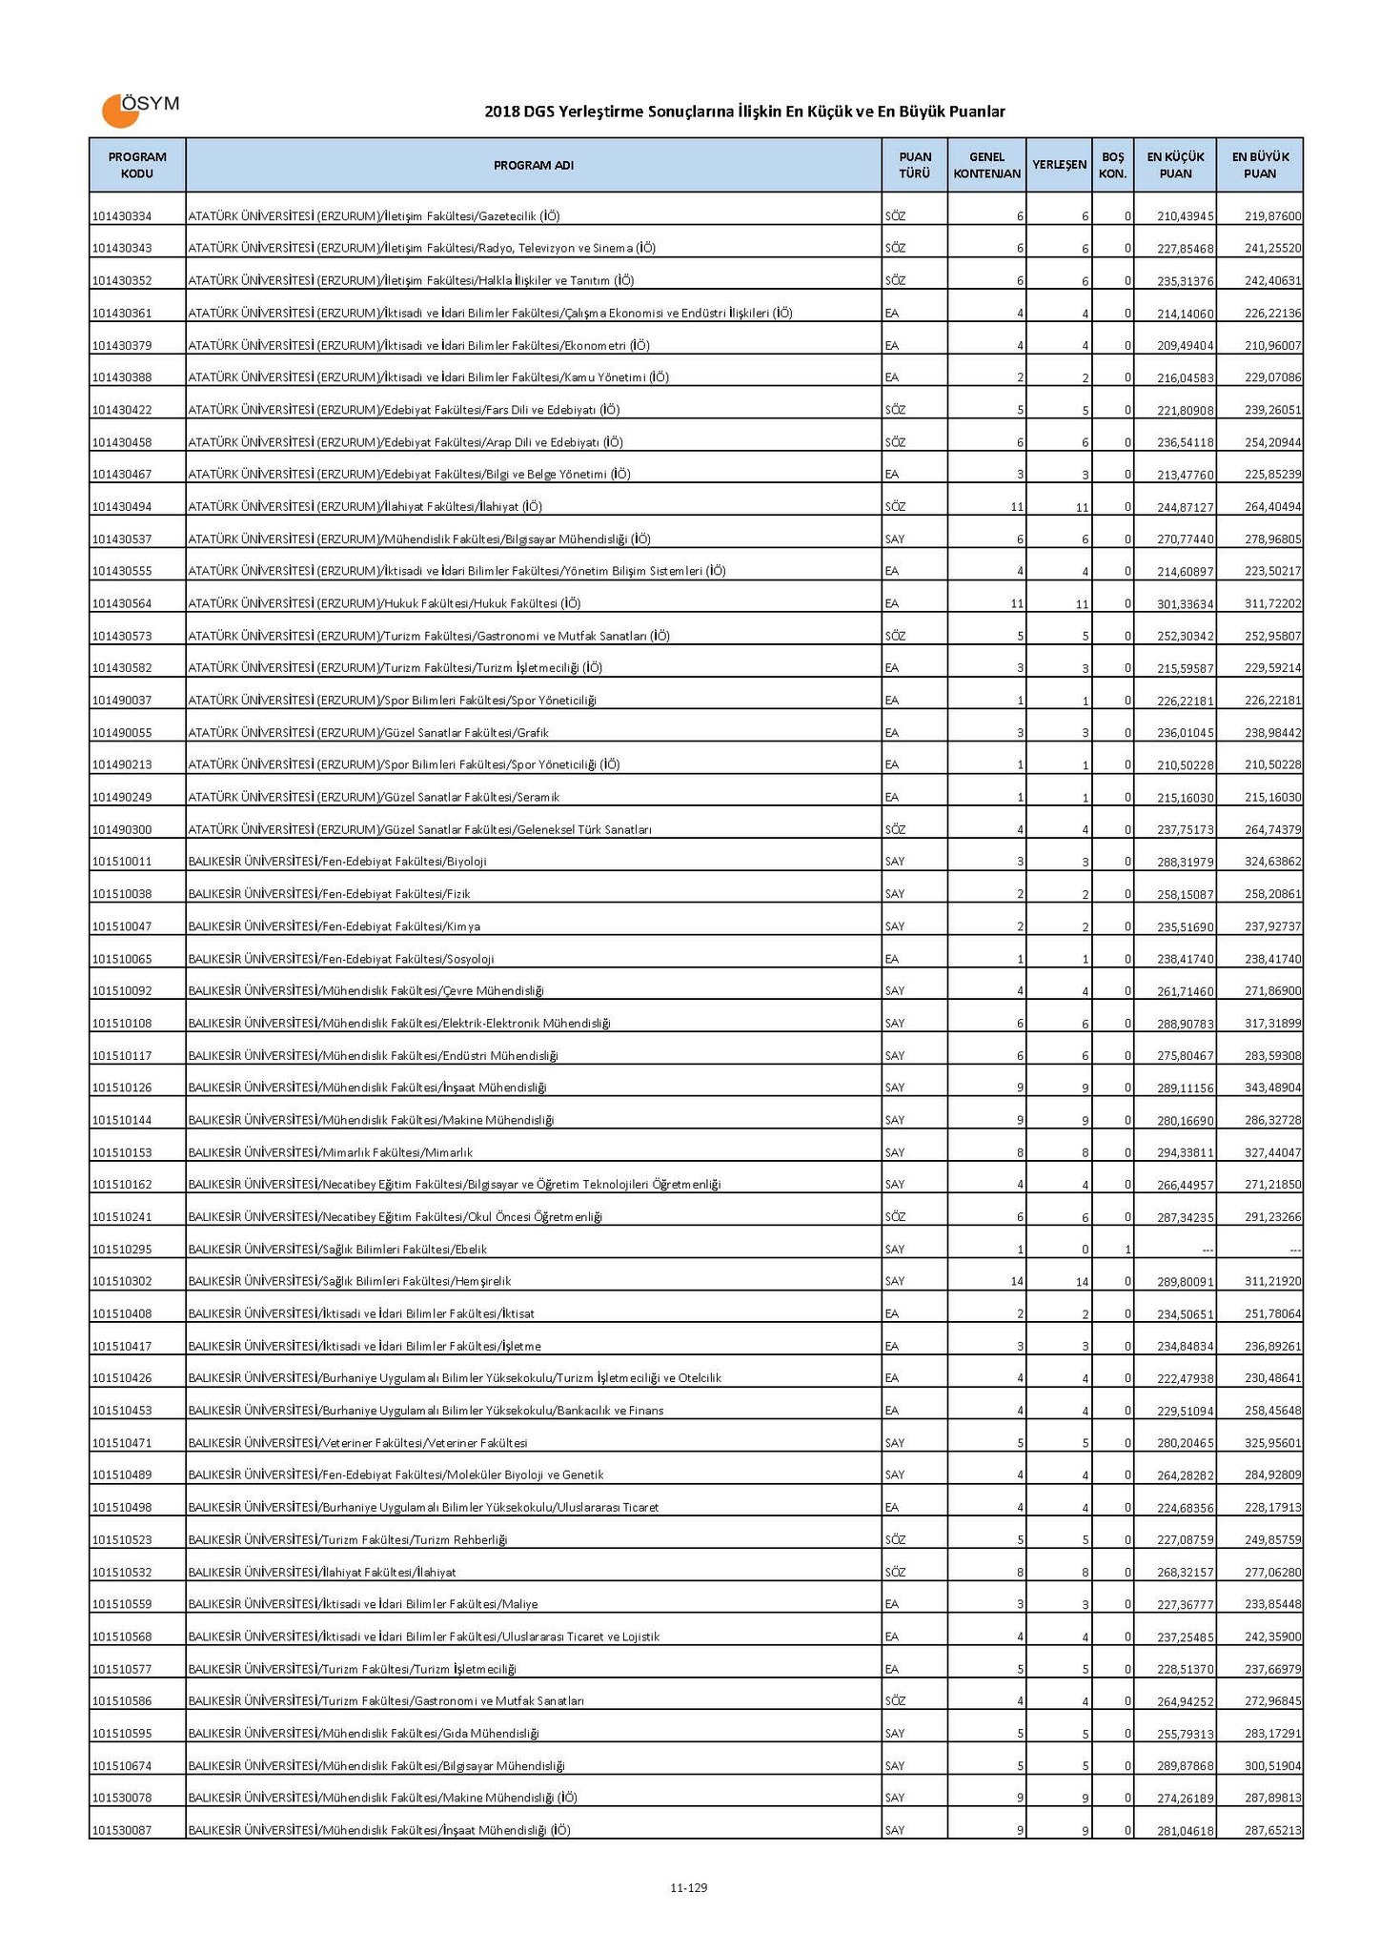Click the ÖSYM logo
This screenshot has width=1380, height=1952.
(x=139, y=109)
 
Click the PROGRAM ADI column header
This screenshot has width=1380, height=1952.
(x=533, y=165)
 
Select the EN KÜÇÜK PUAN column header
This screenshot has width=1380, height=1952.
(x=1174, y=165)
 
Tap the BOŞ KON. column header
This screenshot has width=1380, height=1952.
(x=1112, y=165)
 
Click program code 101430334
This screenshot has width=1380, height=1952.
(x=123, y=216)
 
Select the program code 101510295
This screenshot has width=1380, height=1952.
(x=123, y=1250)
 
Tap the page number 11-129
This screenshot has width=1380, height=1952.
(x=688, y=1887)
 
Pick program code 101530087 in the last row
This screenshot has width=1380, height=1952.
(x=123, y=1830)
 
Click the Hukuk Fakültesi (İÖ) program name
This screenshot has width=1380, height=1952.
(x=384, y=603)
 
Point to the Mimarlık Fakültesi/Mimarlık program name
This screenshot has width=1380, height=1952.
(x=330, y=1152)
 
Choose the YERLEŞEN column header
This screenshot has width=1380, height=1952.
(x=1059, y=165)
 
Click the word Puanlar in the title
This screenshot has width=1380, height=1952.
(x=975, y=112)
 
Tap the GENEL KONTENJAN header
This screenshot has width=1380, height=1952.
(x=986, y=165)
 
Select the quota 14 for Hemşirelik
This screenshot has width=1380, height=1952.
(x=1017, y=1282)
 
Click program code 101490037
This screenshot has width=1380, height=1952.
(x=123, y=701)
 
